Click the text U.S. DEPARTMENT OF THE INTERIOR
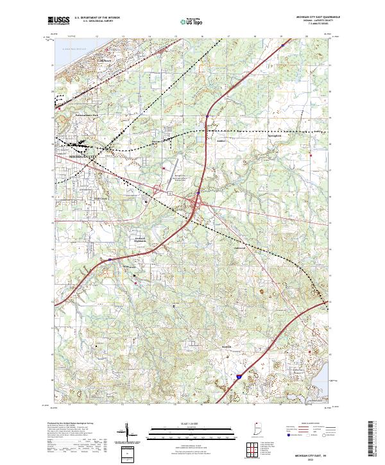[x=98, y=18]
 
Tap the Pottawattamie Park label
[x=87, y=115]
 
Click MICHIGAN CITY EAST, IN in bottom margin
[x=311, y=453]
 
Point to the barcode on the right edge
[x=374, y=439]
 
